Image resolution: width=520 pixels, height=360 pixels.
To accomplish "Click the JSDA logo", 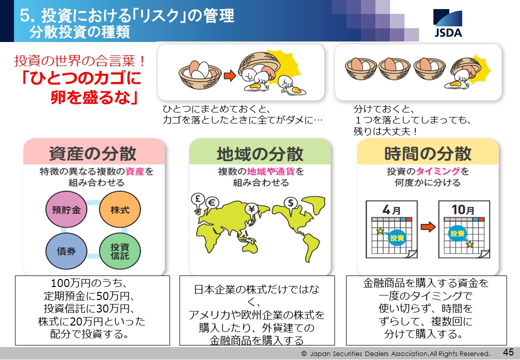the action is pyautogui.click(x=447, y=23).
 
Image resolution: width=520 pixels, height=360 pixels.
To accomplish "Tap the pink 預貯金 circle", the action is pyautogui.click(x=66, y=209).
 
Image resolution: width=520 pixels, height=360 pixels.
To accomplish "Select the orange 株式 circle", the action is pyautogui.click(x=119, y=209).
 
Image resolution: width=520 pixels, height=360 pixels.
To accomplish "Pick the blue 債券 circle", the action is pyautogui.click(x=66, y=251).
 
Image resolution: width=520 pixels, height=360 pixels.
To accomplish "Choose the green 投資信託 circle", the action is pyautogui.click(x=119, y=251).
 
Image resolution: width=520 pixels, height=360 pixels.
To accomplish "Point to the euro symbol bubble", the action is pyautogui.click(x=212, y=203).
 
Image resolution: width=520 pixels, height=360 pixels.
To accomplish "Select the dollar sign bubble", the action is pyautogui.click(x=291, y=203).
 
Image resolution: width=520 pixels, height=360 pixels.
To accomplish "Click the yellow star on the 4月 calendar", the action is pyautogui.click(x=380, y=230).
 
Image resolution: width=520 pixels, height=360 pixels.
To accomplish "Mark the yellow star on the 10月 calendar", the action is pyautogui.click(x=470, y=244).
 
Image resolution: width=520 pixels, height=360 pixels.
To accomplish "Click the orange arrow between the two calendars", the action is pyautogui.click(x=428, y=227).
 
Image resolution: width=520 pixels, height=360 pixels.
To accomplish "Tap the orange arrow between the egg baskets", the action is pyautogui.click(x=229, y=76).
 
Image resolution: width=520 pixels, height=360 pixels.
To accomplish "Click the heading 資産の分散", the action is pyautogui.click(x=93, y=153).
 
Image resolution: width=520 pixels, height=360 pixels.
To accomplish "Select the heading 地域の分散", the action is pyautogui.click(x=260, y=153).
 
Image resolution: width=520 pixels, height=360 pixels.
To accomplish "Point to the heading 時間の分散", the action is pyautogui.click(x=428, y=153).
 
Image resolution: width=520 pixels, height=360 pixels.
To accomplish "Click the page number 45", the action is pyautogui.click(x=508, y=351).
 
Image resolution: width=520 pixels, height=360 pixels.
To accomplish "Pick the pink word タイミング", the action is pyautogui.click(x=438, y=171).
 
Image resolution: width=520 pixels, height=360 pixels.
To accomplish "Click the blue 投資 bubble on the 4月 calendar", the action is pyautogui.click(x=396, y=237).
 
